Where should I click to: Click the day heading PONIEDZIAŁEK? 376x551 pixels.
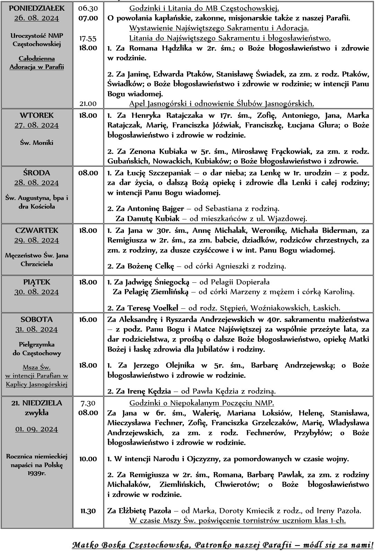pos(37,8)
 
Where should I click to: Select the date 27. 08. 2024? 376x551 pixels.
pos(37,125)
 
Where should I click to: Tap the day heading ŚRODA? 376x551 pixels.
pos(37,173)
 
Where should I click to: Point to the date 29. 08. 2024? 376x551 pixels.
pos(37,240)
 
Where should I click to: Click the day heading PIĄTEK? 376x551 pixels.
pos(37,282)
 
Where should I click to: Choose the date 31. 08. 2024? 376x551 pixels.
pos(37,329)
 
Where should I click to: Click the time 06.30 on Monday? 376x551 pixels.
pos(88,8)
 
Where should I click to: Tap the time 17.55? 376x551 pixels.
pos(88,38)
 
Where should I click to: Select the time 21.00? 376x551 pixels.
pos(88,103)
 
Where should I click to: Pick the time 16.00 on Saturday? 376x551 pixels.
pos(88,319)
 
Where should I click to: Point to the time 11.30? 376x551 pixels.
pos(88,511)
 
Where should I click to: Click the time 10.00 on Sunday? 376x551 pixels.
pos(88,459)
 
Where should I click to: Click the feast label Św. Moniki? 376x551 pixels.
pos(37,142)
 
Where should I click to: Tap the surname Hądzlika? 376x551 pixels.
pos(177,48)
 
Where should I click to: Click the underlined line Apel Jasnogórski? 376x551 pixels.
pos(222,103)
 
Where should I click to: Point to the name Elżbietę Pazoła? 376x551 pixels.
pos(144,511)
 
